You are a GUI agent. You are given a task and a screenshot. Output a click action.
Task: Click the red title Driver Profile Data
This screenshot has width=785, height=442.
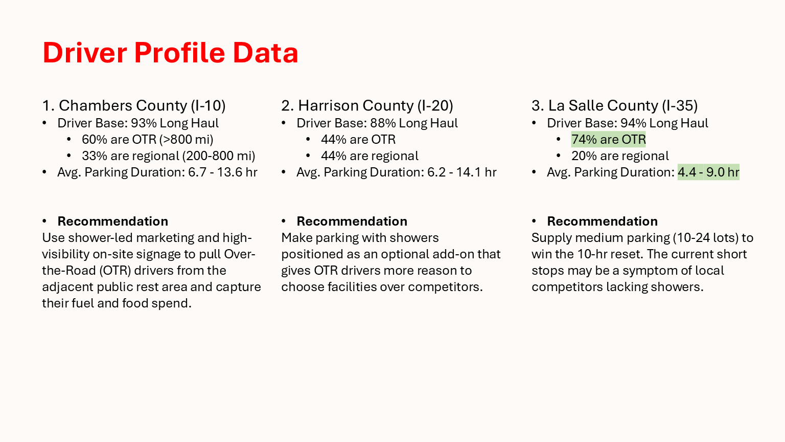click(170, 53)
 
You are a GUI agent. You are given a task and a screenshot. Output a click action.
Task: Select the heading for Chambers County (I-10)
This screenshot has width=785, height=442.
click(134, 105)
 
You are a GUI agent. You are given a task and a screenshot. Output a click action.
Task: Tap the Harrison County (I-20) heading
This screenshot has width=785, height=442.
click(367, 105)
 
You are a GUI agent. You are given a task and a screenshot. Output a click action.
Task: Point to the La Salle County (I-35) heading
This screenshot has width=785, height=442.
click(615, 105)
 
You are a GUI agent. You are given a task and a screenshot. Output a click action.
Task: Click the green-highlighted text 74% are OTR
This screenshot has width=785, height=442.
click(608, 139)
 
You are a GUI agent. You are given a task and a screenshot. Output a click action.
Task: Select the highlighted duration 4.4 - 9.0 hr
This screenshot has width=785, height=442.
click(708, 172)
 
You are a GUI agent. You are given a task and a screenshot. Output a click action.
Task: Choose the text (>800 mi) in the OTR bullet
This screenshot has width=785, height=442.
click(186, 140)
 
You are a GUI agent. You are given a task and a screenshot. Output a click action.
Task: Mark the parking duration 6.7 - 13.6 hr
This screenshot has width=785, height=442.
click(223, 172)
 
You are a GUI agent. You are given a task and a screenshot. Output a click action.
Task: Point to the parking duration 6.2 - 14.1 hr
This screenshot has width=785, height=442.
click(462, 172)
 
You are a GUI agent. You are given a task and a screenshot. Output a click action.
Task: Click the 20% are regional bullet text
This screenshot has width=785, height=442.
click(620, 156)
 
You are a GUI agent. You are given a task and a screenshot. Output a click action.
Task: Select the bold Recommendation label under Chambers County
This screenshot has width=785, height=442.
click(113, 222)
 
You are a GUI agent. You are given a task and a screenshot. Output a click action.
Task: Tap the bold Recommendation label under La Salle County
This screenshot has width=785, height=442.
click(603, 222)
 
